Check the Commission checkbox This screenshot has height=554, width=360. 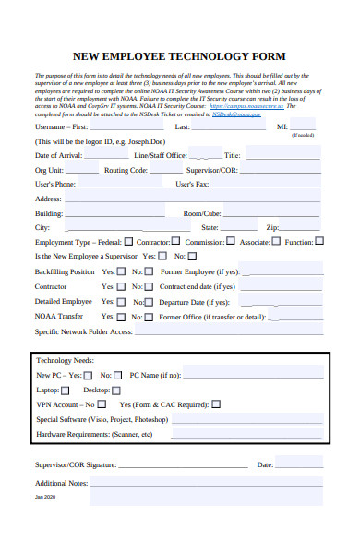231,242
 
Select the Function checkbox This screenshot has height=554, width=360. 320,242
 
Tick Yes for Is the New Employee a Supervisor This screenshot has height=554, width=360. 162,257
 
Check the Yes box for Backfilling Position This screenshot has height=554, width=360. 121,272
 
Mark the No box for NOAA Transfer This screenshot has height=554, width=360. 150,316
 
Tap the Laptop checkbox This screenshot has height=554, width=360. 66,391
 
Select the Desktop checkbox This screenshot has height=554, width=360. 115,391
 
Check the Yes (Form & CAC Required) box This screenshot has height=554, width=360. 216,404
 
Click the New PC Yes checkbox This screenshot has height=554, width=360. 88,376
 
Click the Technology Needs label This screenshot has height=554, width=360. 64,360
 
